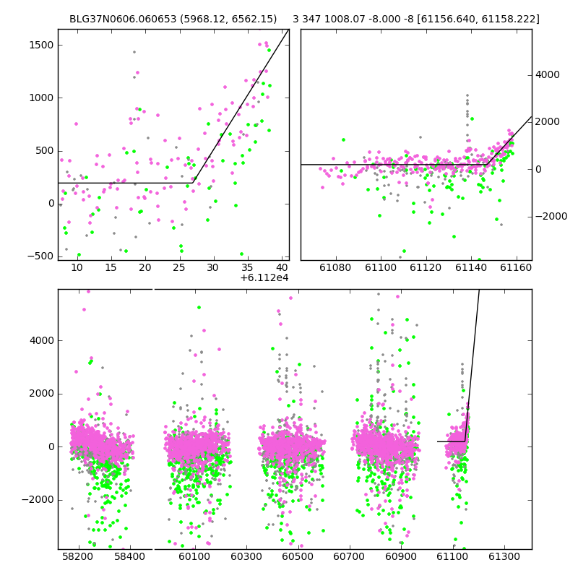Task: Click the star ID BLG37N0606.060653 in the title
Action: click(x=123, y=19)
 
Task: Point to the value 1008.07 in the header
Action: click(x=339, y=19)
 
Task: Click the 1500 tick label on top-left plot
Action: click(x=41, y=46)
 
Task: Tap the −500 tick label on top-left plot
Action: click(x=40, y=256)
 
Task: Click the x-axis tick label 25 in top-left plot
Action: click(x=178, y=267)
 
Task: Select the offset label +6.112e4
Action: click(x=264, y=278)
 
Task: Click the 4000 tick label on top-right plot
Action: click(x=548, y=75)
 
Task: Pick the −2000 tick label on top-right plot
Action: click(x=551, y=216)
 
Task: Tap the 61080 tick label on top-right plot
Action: click(x=335, y=267)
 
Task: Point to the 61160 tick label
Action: click(x=516, y=267)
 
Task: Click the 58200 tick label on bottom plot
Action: click(x=78, y=556)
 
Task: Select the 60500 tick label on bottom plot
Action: click(x=298, y=556)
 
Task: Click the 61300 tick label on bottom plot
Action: click(x=504, y=556)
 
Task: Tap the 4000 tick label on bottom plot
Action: click(x=42, y=340)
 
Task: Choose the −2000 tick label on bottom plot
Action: click(x=38, y=500)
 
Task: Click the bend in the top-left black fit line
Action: click(x=193, y=183)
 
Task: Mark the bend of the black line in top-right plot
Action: click(x=487, y=165)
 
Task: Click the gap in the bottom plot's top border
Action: click(x=153, y=290)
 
